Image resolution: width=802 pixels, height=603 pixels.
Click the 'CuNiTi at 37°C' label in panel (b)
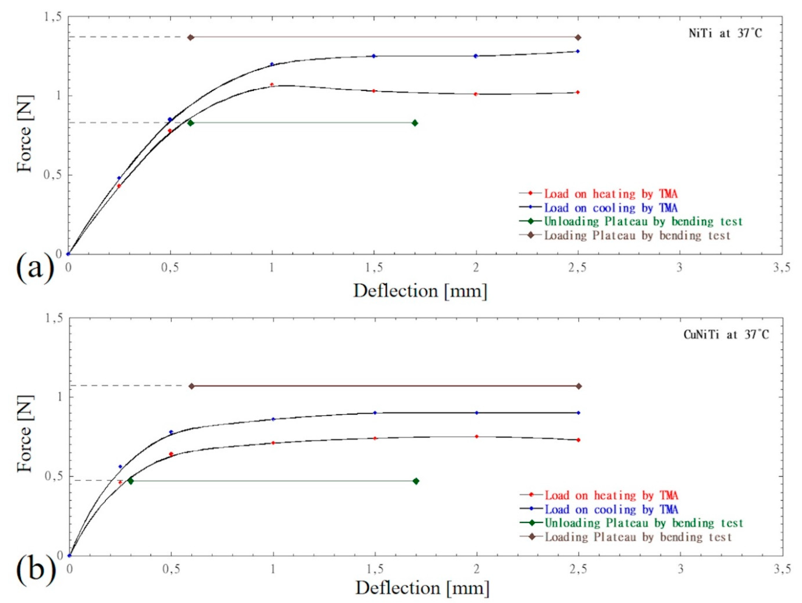tap(726, 335)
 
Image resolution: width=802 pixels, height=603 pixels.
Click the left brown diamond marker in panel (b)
tap(192, 386)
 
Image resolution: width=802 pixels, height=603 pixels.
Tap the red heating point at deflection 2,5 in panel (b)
tap(578, 440)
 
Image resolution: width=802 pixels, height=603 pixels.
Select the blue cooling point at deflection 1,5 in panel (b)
tap(375, 413)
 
